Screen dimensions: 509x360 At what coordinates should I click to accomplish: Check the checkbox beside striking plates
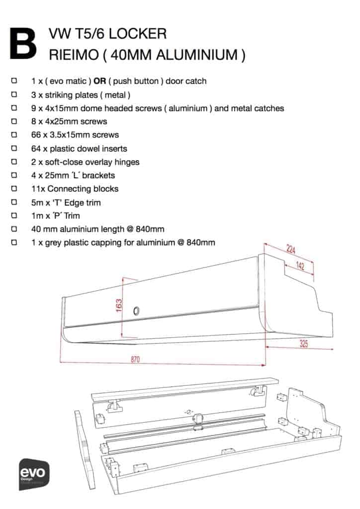click(14, 94)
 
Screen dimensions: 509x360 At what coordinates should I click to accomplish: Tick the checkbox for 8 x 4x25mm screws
click(14, 121)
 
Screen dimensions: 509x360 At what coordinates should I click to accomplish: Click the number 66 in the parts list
click(36, 135)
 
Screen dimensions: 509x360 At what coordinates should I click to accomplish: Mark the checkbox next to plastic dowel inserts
click(14, 148)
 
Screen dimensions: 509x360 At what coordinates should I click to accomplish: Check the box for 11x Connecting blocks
click(14, 189)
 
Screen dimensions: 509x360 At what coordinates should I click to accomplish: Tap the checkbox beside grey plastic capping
click(14, 243)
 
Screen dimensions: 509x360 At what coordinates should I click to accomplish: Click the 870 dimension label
click(135, 359)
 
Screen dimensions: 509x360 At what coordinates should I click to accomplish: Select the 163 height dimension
click(119, 304)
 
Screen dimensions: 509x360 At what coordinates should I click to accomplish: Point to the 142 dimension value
click(299, 266)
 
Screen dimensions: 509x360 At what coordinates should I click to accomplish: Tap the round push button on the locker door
click(136, 311)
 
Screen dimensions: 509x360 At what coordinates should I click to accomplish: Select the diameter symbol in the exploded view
click(189, 412)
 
